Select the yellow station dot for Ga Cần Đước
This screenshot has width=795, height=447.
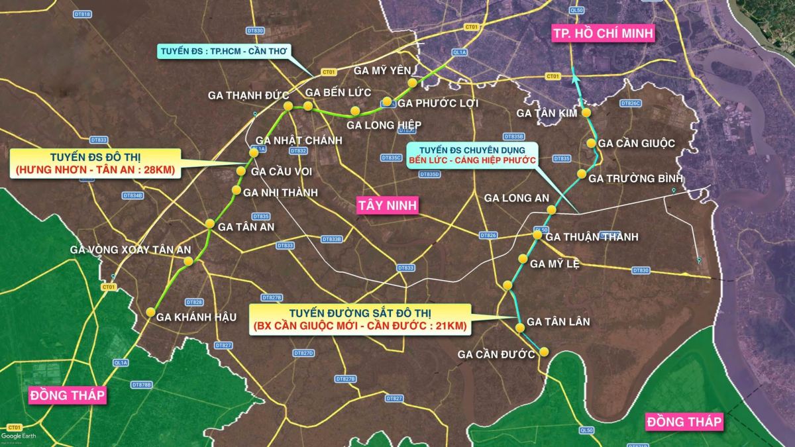tap(545, 352)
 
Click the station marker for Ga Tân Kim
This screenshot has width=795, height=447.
tap(587, 113)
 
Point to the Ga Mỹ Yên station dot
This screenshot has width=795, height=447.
tap(413, 83)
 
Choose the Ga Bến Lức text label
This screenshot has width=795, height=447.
tap(338, 92)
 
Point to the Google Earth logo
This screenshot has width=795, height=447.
tap(19, 435)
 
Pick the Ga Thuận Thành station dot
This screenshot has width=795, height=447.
tap(538, 235)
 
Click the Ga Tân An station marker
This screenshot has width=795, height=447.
tap(210, 223)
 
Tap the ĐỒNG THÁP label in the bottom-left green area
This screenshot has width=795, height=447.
tap(68, 395)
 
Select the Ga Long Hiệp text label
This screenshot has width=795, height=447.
tap(384, 124)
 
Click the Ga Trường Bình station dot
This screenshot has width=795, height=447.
tap(582, 174)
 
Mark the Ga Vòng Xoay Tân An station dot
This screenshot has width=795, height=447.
tap(188, 262)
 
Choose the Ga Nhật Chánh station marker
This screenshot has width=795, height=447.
tap(253, 153)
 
